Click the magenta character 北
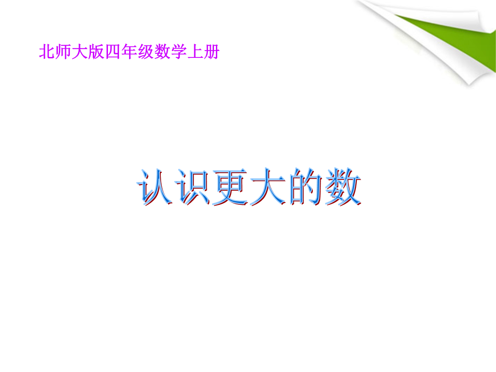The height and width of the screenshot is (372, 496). (x=47, y=52)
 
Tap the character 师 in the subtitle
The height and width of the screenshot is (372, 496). (x=63, y=52)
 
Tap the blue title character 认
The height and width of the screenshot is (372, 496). (x=155, y=187)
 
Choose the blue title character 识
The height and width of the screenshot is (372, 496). (x=192, y=187)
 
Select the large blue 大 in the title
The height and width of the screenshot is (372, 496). (x=268, y=187)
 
